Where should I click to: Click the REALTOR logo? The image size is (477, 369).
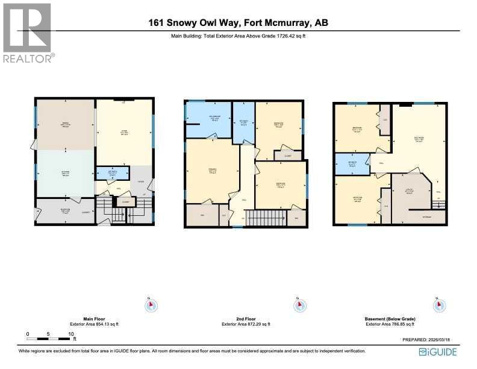[28, 33]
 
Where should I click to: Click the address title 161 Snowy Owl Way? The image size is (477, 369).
[238, 23]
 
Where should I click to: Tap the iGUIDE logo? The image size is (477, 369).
[440, 352]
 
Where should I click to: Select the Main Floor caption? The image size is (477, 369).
[95, 318]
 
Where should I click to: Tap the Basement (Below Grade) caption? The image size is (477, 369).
[390, 318]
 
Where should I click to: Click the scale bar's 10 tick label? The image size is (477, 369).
[71, 333]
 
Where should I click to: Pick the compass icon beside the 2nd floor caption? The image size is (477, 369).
[297, 306]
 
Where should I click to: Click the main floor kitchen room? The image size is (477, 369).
[65, 173]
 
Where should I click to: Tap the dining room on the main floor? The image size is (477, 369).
[65, 125]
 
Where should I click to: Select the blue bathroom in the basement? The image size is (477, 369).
[351, 164]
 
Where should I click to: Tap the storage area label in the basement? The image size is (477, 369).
[426, 216]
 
